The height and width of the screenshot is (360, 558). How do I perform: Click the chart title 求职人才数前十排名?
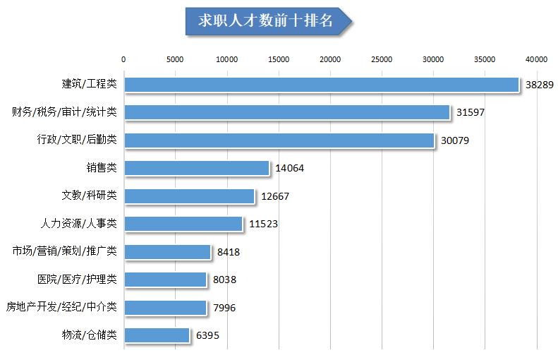point(265,20)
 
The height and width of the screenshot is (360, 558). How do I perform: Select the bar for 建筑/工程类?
point(322,85)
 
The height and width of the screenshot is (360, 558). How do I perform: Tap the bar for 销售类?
point(197,168)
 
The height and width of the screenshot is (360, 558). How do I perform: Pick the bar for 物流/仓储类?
point(157,335)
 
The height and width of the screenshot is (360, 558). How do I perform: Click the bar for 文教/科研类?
point(189,196)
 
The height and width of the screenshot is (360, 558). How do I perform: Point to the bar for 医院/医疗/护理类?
point(165,280)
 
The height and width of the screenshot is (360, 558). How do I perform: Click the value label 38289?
point(538,85)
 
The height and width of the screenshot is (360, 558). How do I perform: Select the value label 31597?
point(470,112)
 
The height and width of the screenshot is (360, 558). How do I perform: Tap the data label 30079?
point(454,140)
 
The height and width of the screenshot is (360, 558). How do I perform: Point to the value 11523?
point(263,224)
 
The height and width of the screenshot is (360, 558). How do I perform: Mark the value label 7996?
point(224,308)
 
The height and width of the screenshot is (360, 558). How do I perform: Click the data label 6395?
point(207,335)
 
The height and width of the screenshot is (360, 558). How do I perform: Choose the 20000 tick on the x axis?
point(330,59)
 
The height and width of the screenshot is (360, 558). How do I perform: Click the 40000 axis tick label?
point(536,59)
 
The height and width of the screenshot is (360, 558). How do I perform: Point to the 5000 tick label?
point(175,59)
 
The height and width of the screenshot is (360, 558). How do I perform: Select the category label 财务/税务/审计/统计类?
point(64,112)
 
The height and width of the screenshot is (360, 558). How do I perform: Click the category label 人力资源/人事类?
point(79,224)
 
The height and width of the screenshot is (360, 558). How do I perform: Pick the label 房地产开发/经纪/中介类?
point(61,308)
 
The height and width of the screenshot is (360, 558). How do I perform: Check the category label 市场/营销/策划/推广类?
point(64,251)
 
